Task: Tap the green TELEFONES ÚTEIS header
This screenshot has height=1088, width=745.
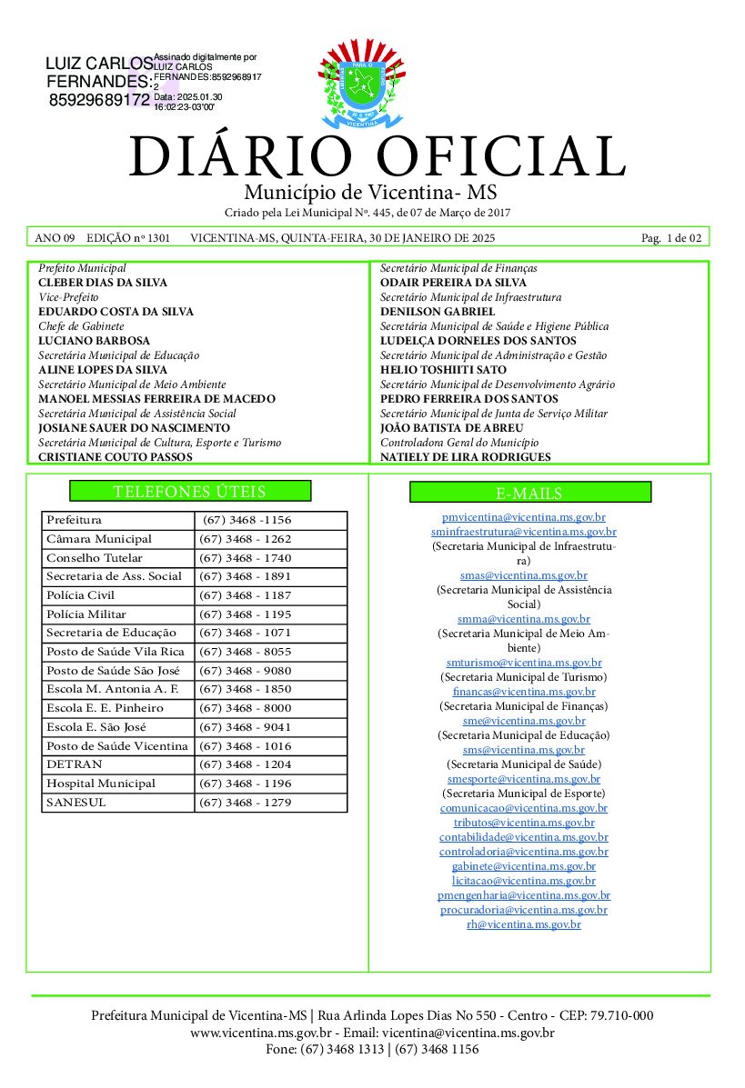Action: click(190, 492)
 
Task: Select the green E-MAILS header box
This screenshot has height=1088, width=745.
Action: click(529, 493)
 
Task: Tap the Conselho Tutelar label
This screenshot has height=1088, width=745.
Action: click(94, 558)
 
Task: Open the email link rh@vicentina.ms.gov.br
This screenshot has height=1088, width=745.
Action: click(523, 924)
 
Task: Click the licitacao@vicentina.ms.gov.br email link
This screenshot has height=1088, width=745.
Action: click(523, 881)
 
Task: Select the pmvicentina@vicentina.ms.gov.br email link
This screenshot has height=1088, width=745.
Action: click(523, 517)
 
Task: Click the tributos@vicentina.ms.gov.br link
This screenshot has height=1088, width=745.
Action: click(523, 823)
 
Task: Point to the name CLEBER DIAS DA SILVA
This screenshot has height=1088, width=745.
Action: click(103, 283)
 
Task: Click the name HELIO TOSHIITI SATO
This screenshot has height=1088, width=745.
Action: click(443, 370)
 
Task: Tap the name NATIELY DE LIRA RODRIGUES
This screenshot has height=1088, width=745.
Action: click(465, 457)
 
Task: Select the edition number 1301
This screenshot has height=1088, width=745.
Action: click(158, 238)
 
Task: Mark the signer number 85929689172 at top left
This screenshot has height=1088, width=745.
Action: click(99, 99)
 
